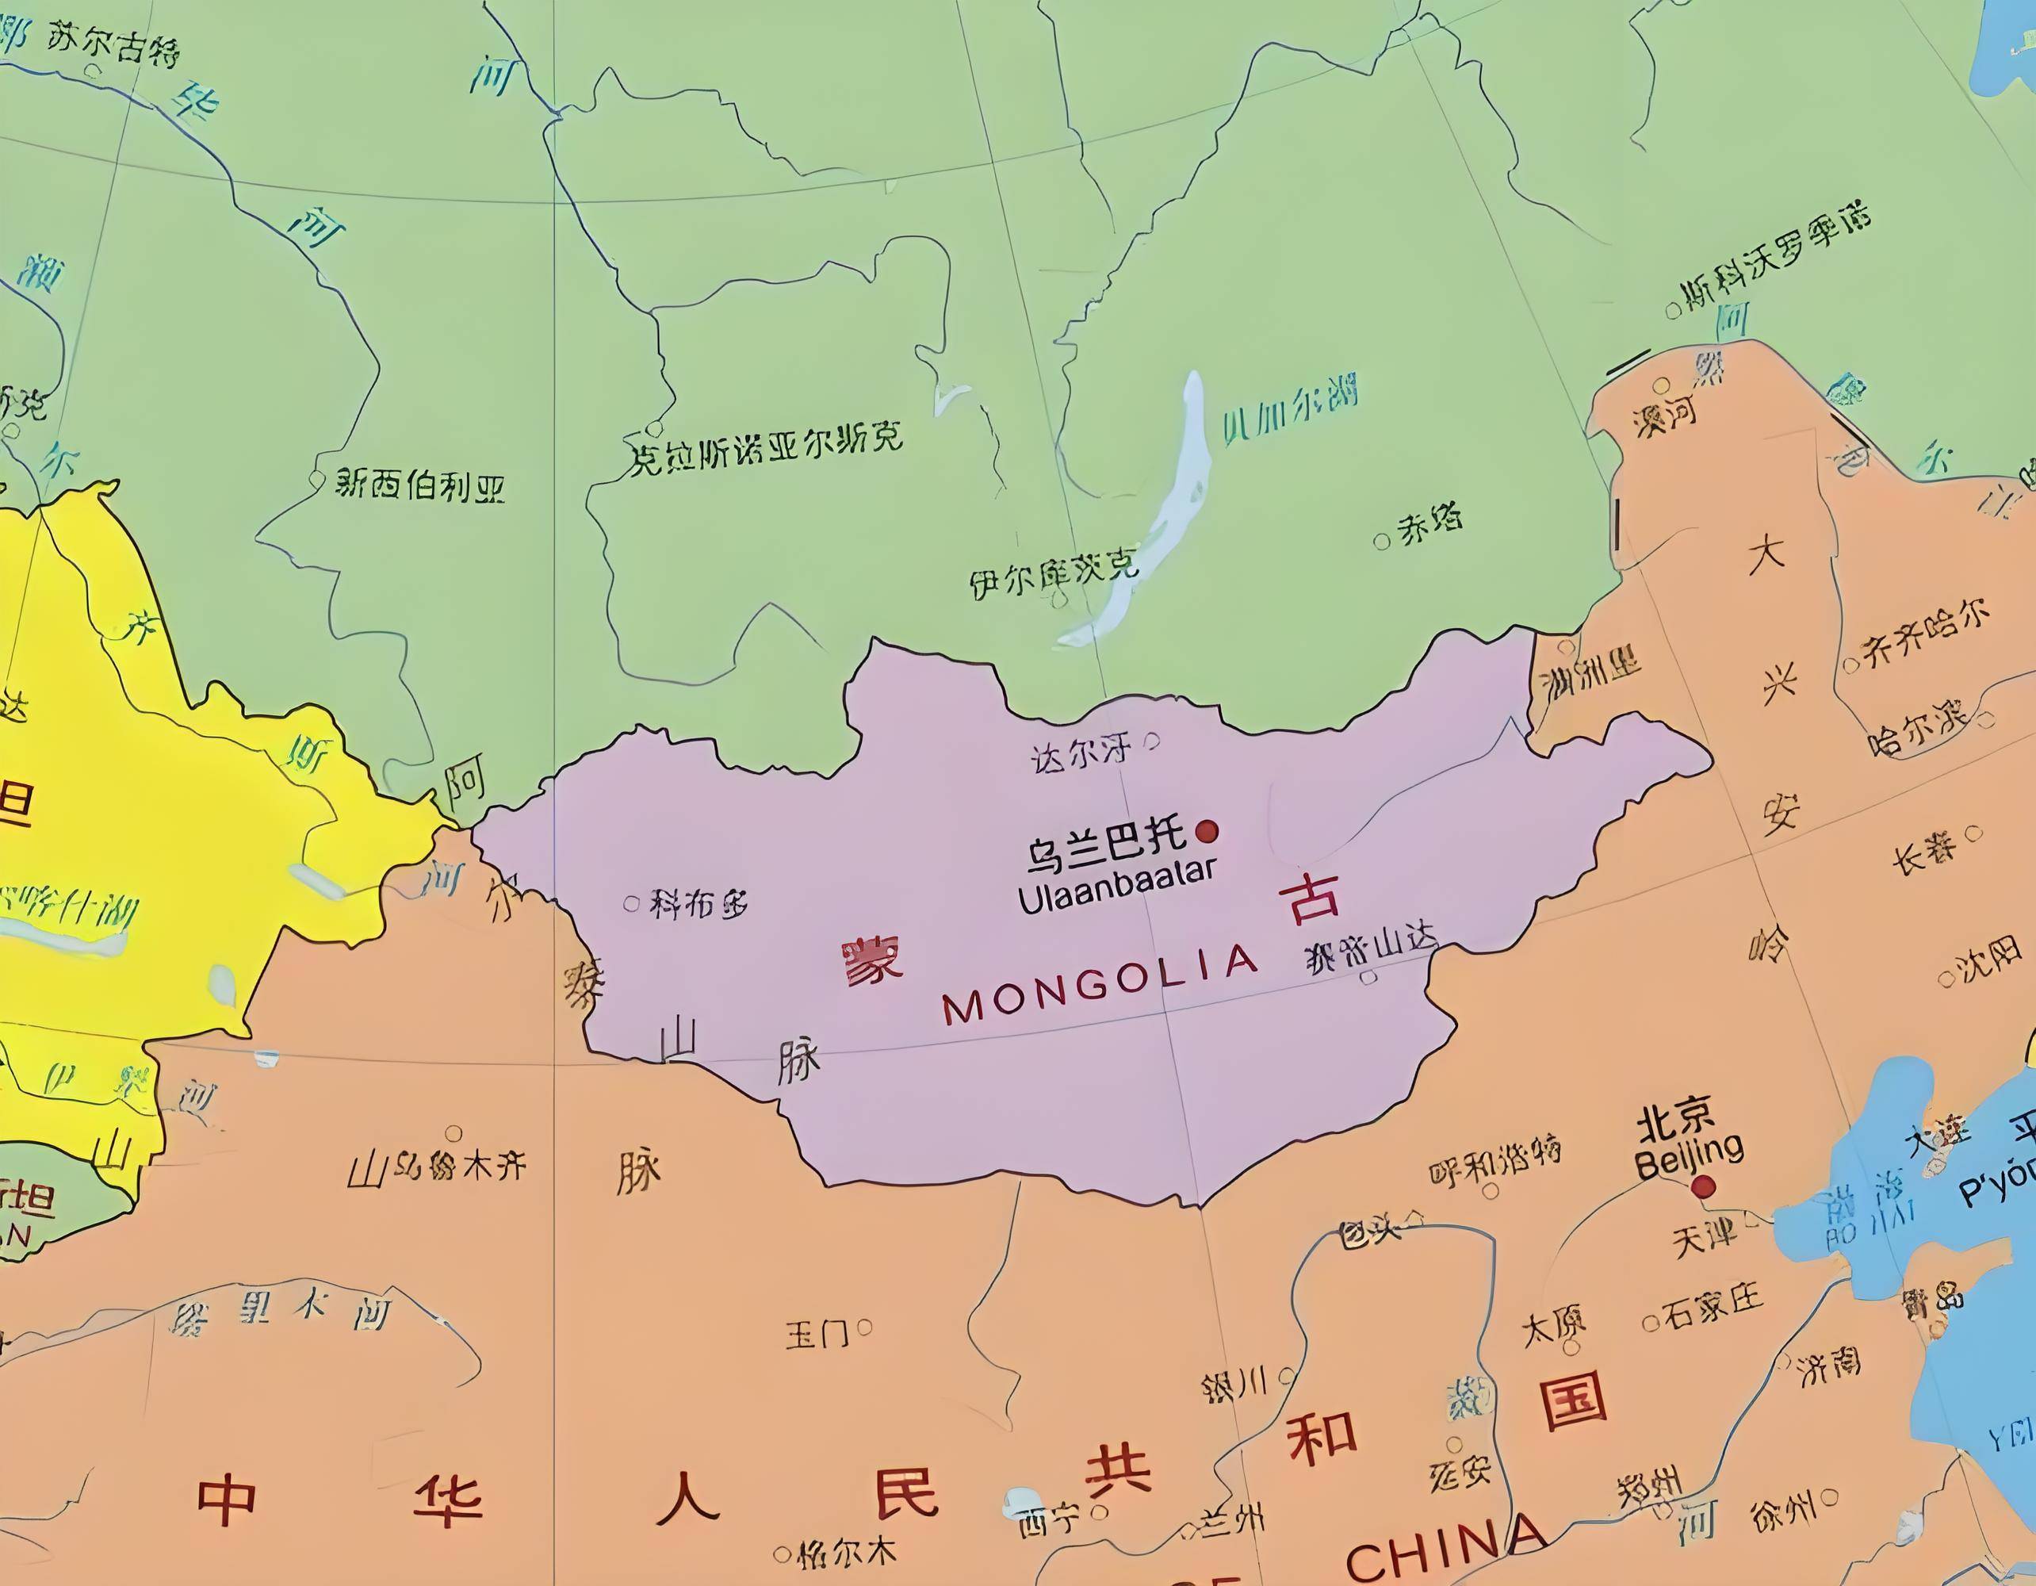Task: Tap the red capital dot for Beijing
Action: [x=1703, y=1186]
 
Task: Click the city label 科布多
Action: [x=698, y=903]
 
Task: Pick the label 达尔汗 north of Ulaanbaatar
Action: [x=1081, y=752]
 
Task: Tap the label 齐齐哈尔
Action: [x=1925, y=634]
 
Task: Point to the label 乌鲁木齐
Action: [x=457, y=1166]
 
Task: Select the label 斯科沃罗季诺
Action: [x=1776, y=259]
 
